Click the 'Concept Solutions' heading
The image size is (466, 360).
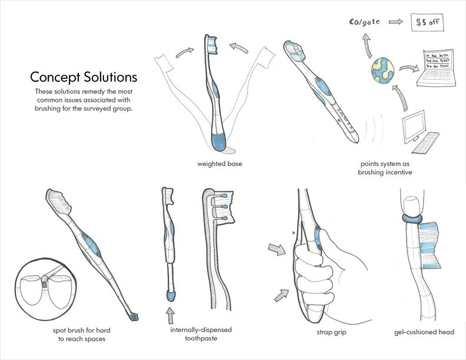[84, 77]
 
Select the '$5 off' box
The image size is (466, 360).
[427, 23]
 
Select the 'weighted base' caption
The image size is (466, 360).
[219, 164]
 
